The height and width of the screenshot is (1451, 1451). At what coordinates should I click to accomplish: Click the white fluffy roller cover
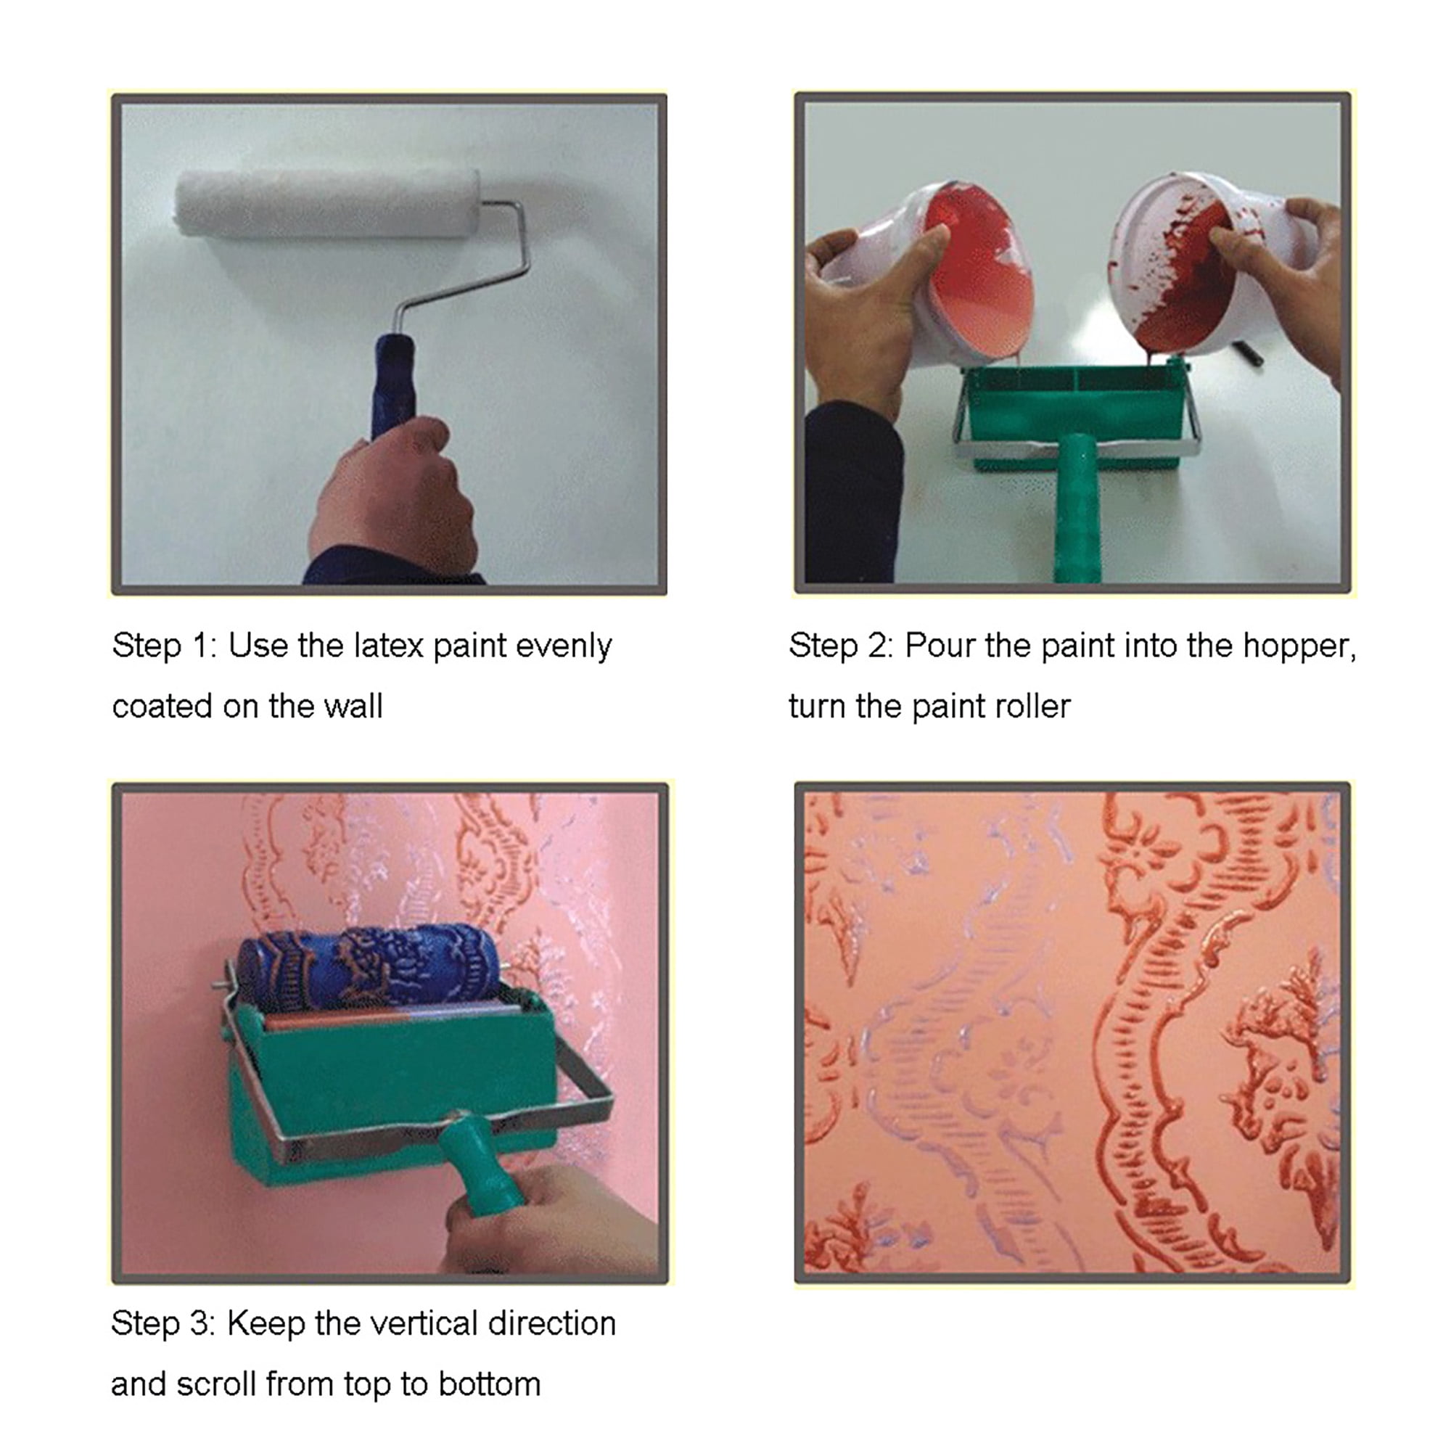(x=327, y=204)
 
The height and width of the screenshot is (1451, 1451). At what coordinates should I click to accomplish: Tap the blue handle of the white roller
(x=392, y=387)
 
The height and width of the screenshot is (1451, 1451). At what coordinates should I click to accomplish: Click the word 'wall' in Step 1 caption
(x=353, y=707)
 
